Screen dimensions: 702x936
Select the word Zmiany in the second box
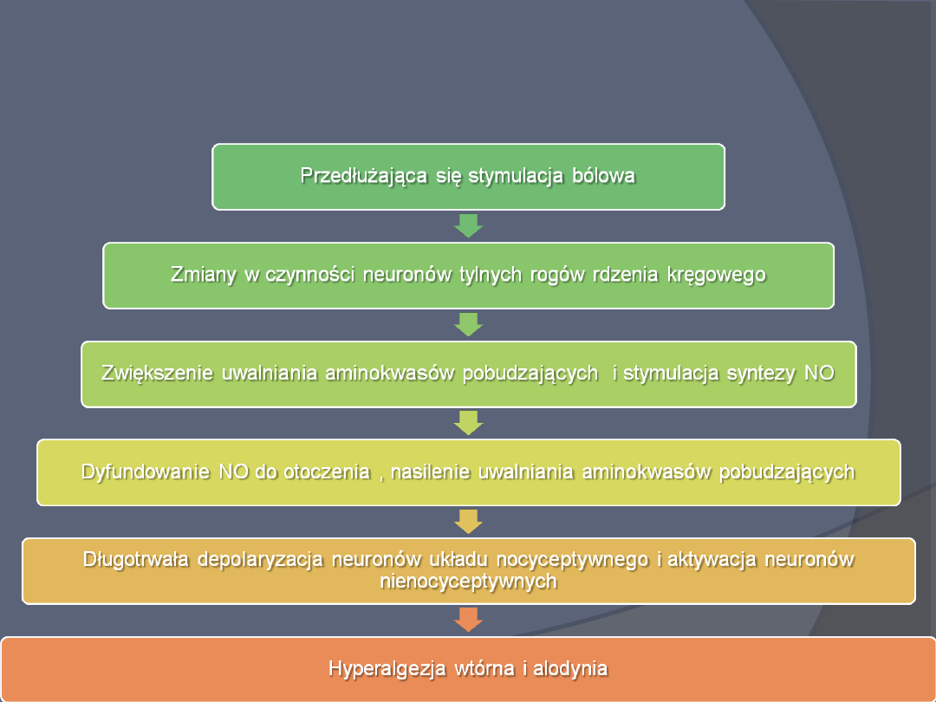[200, 275]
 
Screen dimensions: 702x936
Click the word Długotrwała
[136, 559]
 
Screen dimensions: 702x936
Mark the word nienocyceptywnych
[468, 582]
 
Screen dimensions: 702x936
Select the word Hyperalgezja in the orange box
[387, 669]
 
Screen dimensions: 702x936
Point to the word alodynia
[571, 669]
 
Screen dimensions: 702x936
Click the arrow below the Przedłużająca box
[468, 225]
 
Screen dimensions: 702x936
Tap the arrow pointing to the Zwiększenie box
[468, 324]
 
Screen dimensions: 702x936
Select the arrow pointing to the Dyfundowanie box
[468, 423]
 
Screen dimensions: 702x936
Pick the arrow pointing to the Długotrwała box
[468, 522]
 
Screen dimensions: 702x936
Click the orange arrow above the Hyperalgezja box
[468, 620]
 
